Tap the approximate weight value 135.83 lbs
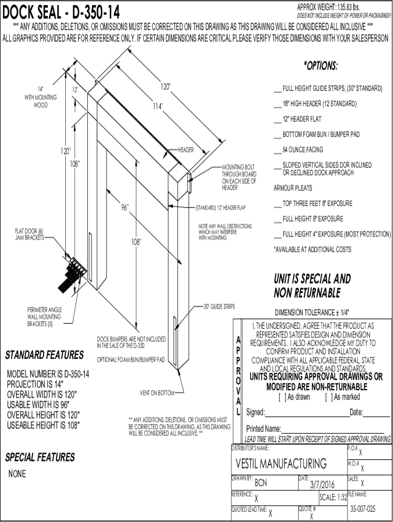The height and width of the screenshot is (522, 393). [x=348, y=7]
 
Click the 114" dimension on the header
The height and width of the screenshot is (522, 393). [x=157, y=107]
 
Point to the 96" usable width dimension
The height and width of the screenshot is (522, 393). [x=125, y=208]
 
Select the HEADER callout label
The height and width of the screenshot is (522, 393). [x=186, y=150]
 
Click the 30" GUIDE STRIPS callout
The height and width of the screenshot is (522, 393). [x=219, y=307]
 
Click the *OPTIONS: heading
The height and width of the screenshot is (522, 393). [x=321, y=66]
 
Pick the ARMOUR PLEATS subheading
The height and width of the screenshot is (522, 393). [x=293, y=188]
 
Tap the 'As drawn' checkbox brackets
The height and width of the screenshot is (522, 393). [x=282, y=397]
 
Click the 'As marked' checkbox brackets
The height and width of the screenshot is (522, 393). [x=328, y=397]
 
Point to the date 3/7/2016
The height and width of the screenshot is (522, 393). [x=322, y=484]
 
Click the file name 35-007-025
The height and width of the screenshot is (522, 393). [x=363, y=509]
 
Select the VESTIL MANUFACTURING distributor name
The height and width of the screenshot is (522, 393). [x=281, y=464]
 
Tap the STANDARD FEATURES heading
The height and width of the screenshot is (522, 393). [x=44, y=355]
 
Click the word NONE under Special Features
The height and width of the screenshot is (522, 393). [x=17, y=474]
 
